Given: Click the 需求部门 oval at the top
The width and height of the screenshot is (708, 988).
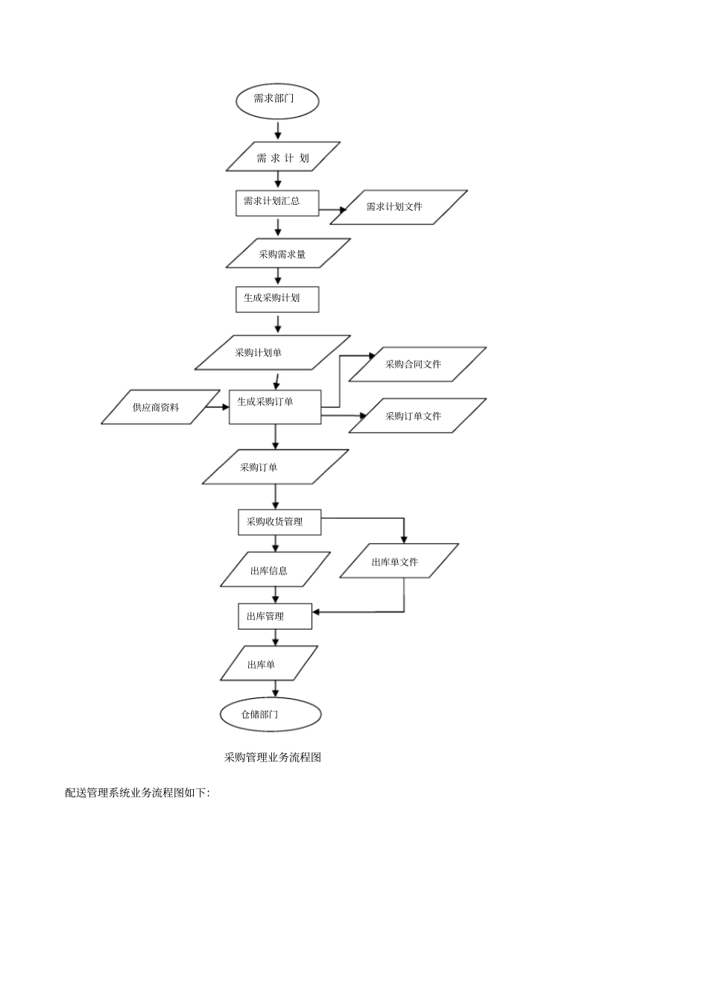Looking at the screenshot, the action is (277, 101).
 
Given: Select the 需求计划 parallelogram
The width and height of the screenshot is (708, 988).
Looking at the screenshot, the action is (282, 156).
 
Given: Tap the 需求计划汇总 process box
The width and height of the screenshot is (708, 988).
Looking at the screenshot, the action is (277, 203).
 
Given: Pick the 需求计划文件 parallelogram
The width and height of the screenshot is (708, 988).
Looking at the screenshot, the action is (399, 207).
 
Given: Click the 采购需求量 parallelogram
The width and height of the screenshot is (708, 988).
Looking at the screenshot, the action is (288, 253).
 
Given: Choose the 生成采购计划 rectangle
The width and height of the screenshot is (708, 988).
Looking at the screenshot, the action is (277, 300).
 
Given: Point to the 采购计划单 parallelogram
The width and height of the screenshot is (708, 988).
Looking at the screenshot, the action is (273, 352).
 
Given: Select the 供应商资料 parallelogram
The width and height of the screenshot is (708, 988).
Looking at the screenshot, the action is (160, 407).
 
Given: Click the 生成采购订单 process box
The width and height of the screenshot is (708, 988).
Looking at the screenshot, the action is (275, 407).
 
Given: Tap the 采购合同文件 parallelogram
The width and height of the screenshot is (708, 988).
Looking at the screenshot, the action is (417, 364).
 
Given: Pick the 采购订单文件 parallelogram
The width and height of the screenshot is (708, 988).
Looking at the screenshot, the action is (417, 416).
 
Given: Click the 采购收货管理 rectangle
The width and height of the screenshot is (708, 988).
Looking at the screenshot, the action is (279, 522).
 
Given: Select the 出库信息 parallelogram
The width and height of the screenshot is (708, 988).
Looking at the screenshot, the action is (275, 569).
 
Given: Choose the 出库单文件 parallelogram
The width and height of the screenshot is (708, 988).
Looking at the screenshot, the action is (399, 560).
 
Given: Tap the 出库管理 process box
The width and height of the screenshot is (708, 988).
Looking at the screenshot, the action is (275, 616).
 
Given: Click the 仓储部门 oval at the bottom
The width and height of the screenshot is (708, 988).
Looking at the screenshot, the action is (271, 714).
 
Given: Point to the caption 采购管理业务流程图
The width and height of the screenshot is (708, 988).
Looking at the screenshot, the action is (273, 757).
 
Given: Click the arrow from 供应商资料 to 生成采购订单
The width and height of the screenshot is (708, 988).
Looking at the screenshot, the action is (218, 407).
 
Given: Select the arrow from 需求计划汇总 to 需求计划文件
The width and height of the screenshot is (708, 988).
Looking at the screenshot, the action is (332, 209).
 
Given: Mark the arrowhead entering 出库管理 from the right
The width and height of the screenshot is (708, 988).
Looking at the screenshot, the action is (316, 612).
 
